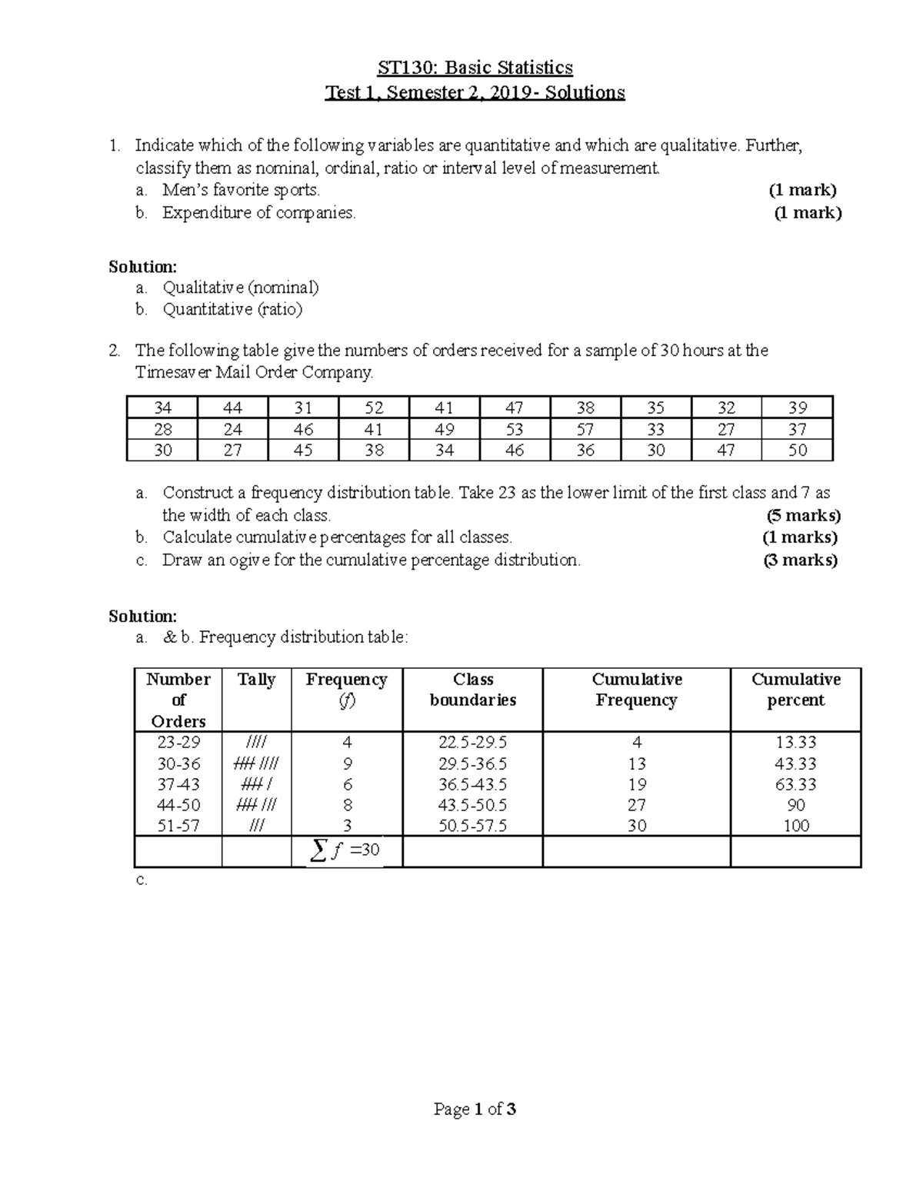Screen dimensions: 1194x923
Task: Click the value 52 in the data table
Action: (374, 408)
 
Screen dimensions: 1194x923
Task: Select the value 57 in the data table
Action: (585, 430)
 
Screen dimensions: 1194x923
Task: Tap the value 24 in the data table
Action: (232, 430)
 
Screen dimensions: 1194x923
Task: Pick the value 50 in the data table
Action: (798, 451)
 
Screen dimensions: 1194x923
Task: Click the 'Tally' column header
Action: (256, 680)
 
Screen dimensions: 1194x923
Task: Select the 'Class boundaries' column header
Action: (473, 690)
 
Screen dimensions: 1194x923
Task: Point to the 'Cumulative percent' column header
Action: (795, 690)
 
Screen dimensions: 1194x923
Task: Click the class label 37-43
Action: (178, 785)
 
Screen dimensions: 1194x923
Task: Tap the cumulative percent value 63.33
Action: (796, 785)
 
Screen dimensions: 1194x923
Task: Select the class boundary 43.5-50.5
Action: (473, 806)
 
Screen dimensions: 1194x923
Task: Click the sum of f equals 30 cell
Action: (345, 851)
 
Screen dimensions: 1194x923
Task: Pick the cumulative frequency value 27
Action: (637, 806)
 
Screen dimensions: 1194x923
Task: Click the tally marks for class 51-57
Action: (256, 826)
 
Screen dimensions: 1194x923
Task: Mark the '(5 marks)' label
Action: (803, 515)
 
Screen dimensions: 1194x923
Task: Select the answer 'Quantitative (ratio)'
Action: (232, 310)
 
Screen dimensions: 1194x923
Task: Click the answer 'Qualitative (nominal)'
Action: (241, 288)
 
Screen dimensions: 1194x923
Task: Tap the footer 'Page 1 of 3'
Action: (475, 1109)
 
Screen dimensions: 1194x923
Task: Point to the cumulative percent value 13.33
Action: (796, 743)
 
